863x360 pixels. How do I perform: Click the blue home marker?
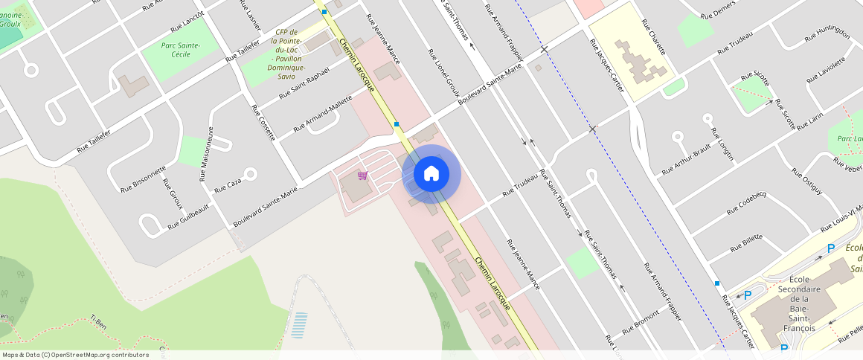tap(431, 174)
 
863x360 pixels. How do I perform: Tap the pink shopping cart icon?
tap(362, 176)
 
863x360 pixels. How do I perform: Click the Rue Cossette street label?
tap(264, 122)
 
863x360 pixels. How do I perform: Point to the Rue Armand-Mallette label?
tap(323, 114)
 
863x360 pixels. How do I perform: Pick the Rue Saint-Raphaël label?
tap(304, 83)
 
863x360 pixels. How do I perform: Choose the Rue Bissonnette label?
tap(144, 179)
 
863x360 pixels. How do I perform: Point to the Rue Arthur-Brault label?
tap(687, 161)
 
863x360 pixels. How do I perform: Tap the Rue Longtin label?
tap(722, 144)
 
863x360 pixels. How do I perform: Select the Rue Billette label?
tap(746, 242)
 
